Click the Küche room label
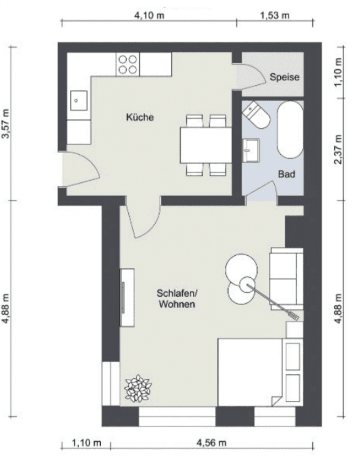(x=139, y=117)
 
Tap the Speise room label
(x=284, y=78)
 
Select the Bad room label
(x=287, y=174)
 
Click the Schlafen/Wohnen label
(x=177, y=299)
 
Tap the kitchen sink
(x=78, y=99)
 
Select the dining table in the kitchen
(x=206, y=145)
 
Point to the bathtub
(x=290, y=130)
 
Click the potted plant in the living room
(x=138, y=388)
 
